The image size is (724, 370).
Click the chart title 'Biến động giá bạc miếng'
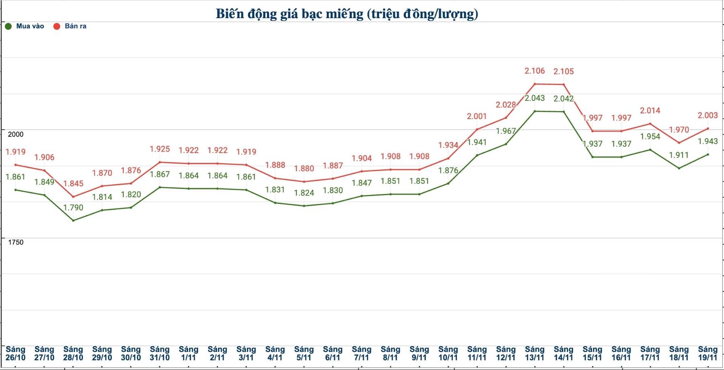click(346, 14)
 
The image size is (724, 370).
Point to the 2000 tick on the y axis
click(16, 134)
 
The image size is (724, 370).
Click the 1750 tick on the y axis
click(16, 242)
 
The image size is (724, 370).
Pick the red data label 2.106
click(534, 71)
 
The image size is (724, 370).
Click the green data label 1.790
click(73, 207)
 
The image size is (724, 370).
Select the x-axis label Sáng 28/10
click(73, 353)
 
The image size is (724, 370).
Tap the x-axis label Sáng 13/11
click(534, 353)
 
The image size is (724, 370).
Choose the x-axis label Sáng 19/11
click(707, 353)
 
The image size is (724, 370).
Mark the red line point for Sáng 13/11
click(535, 84)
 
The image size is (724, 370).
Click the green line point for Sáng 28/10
click(73, 220)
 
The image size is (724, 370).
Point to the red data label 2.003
click(707, 115)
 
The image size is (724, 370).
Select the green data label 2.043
click(534, 98)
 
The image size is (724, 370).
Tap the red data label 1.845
click(73, 184)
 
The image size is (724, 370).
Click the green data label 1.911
click(679, 155)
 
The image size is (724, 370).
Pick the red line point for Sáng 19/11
click(708, 128)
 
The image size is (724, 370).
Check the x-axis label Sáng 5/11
click(304, 353)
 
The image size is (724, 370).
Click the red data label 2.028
click(506, 105)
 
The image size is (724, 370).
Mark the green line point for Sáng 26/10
click(16, 190)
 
